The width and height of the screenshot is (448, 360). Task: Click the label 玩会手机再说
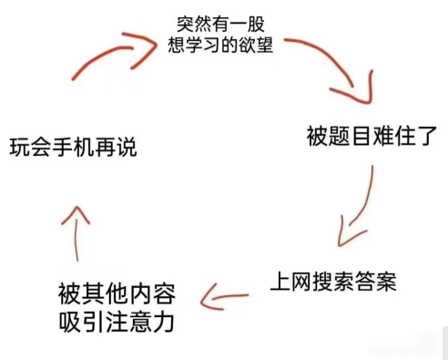point(74,146)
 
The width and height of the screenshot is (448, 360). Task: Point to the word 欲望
point(258,45)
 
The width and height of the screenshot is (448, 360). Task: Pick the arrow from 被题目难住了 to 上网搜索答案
point(357,208)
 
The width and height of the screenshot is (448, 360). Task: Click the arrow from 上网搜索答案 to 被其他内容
point(222,295)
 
